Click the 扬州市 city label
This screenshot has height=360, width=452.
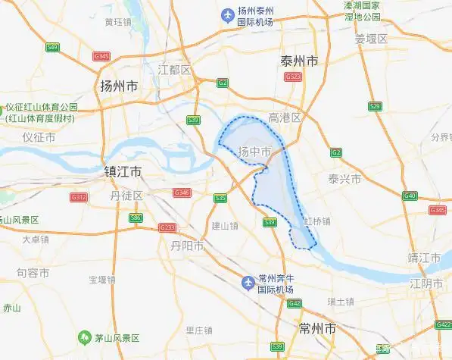119,86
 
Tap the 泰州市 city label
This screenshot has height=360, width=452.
298,61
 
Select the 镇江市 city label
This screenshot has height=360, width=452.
128,171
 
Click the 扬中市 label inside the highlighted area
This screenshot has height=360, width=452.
254,152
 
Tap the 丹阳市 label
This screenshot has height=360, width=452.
187,246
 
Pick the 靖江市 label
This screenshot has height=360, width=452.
424,258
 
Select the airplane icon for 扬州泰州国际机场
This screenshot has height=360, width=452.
226,15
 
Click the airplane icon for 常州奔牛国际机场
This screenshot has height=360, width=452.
247,283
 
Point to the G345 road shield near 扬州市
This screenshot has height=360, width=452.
101,56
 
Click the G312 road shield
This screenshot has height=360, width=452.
79,196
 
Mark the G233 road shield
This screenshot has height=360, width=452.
167,227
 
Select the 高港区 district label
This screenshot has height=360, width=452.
285,117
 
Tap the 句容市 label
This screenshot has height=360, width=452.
33,272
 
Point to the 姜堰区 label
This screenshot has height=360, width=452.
371,38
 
